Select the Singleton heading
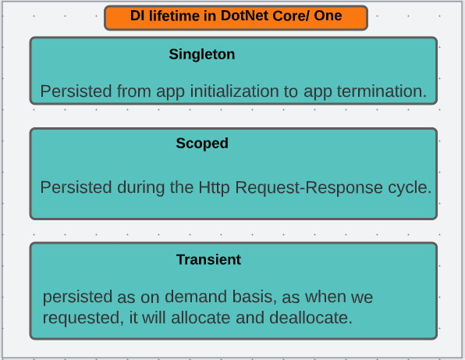coord(202,55)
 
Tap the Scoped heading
coord(202,143)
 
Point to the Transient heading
coord(208,259)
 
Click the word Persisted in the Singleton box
coord(76,91)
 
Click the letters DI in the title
coord(137,16)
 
